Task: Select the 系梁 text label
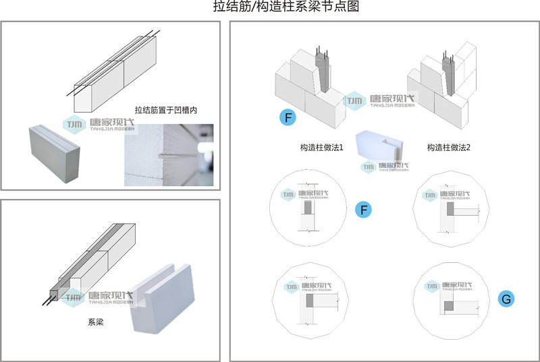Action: coord(95,323)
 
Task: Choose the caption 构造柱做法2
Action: coord(449,147)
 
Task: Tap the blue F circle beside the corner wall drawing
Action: coord(288,118)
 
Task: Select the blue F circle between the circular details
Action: coord(364,210)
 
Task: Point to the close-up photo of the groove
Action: coord(169,154)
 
